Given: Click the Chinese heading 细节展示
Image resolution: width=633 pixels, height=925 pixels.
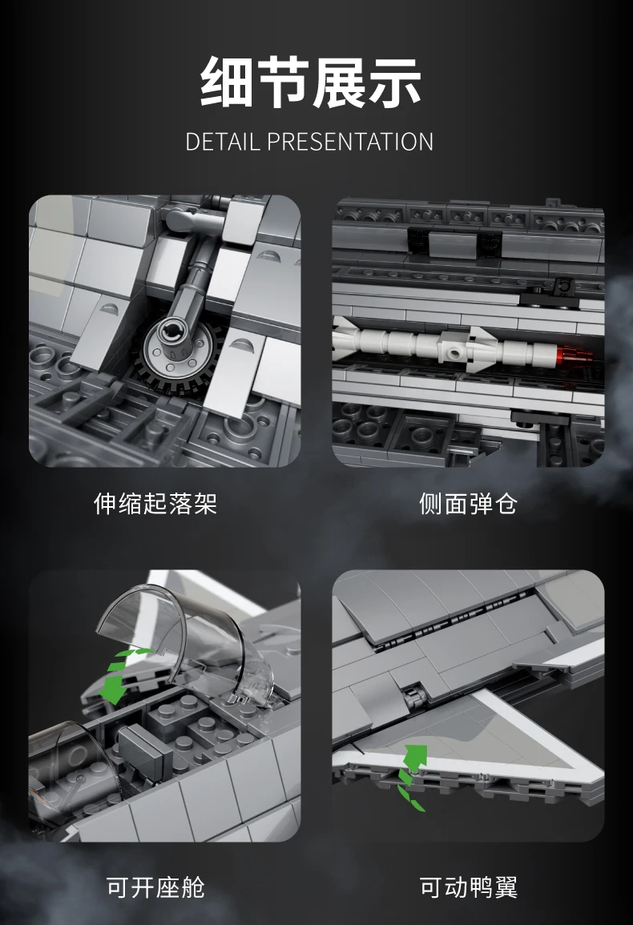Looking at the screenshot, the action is pos(311,82).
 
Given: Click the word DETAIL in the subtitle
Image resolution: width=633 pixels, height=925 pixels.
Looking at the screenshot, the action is pos(222,143).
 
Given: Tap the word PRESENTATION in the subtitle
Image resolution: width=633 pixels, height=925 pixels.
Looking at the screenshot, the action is pos(350,143).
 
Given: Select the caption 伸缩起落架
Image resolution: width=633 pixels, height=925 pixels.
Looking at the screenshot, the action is pos(156,504).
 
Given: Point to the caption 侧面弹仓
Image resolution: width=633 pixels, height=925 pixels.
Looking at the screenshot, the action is pos(468,504).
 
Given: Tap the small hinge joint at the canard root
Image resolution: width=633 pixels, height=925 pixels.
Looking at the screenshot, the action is pos(414,697).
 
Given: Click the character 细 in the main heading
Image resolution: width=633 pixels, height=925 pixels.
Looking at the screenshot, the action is pos(227,82).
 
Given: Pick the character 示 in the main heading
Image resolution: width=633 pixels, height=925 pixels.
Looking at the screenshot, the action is pos(394,82).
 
